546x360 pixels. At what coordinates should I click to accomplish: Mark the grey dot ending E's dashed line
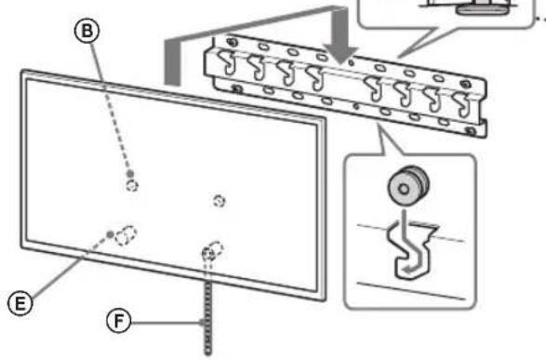point(112,233)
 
